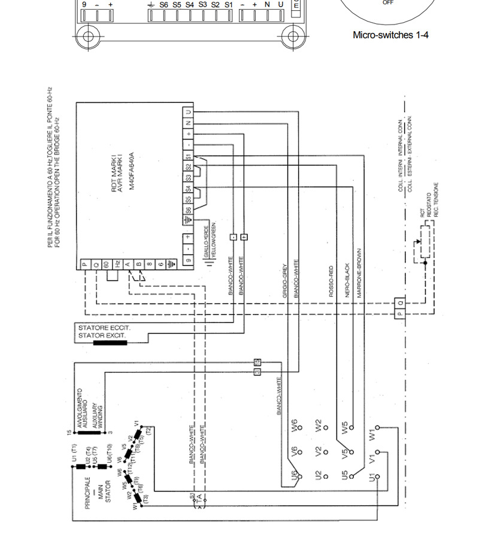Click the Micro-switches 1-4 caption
pos(390,35)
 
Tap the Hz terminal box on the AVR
pos(117,264)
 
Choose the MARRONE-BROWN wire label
pos(359,273)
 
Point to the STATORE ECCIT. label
pos(104,328)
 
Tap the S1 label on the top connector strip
pos(228,5)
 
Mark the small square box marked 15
pos(257,362)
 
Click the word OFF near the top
pos(388,3)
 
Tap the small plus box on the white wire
pos(244,237)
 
